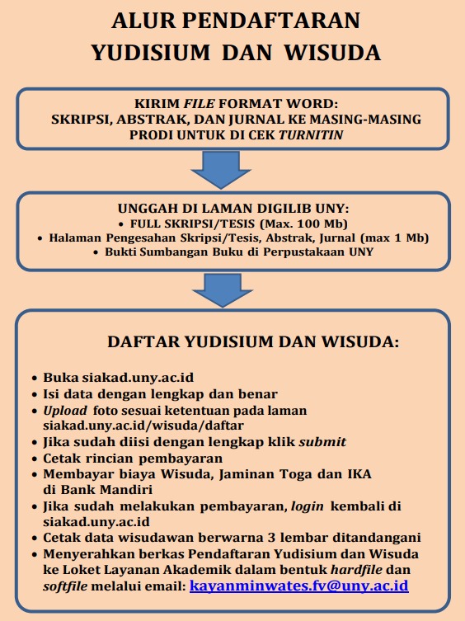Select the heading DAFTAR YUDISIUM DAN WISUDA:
click(241, 342)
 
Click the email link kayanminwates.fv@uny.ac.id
click(298, 586)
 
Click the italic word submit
click(322, 441)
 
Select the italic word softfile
click(65, 586)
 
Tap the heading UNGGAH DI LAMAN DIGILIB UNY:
click(233, 210)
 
